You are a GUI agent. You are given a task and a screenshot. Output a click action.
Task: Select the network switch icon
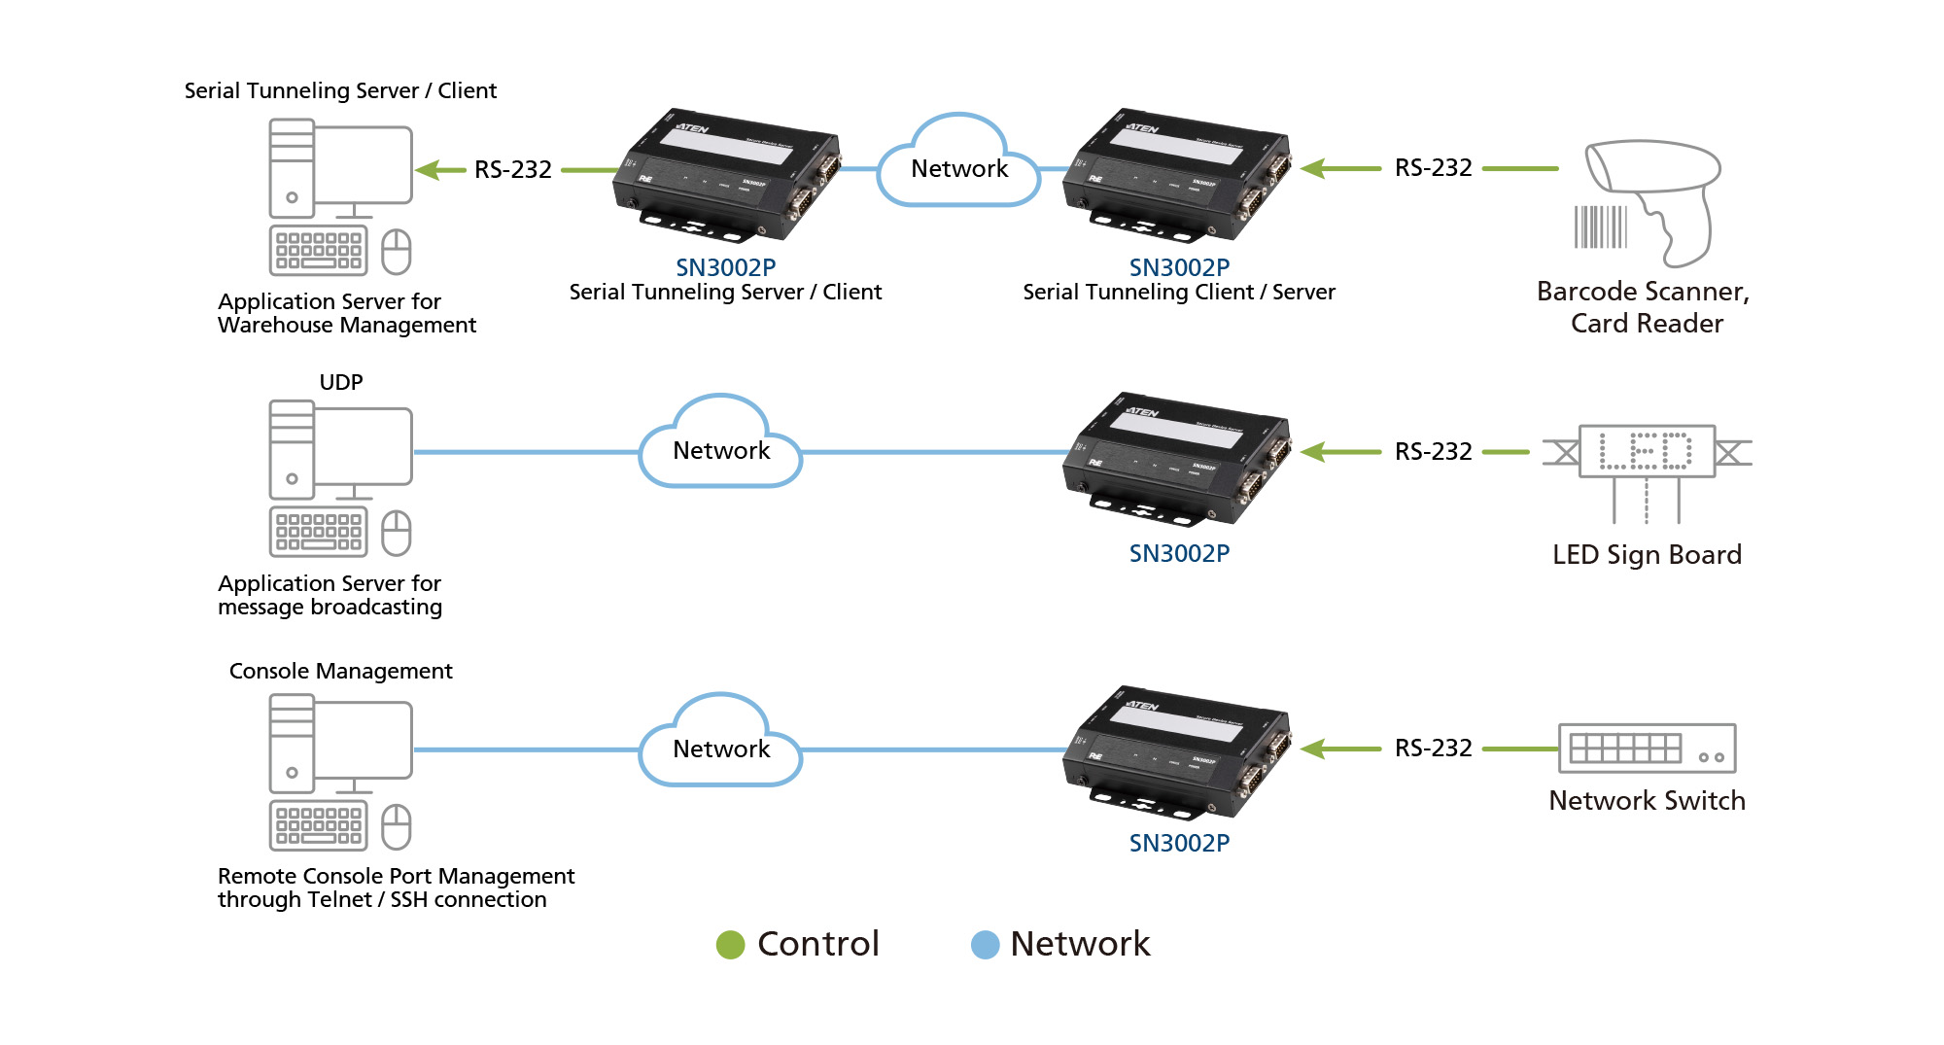(x=1647, y=749)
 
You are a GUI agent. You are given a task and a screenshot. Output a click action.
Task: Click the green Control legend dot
(x=730, y=945)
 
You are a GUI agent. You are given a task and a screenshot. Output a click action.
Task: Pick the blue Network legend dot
(x=985, y=945)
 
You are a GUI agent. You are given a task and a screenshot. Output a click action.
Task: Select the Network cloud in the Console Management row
(x=720, y=748)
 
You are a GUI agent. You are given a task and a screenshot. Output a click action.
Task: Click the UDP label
(x=341, y=382)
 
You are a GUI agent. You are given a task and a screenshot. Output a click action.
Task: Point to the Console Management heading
(x=340, y=671)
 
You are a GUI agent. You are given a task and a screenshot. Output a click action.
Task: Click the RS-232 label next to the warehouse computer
(x=512, y=170)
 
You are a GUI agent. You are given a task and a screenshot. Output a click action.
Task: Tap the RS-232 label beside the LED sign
(x=1433, y=452)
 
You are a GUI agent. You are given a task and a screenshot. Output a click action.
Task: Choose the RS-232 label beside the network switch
(x=1433, y=749)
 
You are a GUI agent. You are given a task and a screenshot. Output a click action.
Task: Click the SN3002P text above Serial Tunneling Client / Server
(x=1179, y=267)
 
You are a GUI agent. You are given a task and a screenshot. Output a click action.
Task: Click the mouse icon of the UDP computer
(x=397, y=533)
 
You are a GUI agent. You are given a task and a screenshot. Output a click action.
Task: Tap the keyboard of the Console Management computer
(x=318, y=825)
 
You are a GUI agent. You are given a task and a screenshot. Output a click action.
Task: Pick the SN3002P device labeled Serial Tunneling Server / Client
(x=727, y=175)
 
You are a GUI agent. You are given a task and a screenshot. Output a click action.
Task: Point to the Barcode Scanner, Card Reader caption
(x=1645, y=307)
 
